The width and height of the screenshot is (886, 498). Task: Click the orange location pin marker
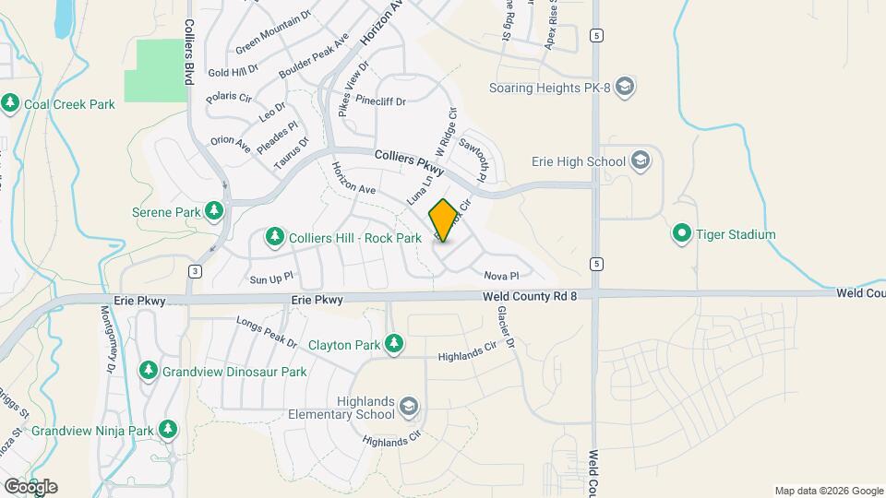tap(444, 220)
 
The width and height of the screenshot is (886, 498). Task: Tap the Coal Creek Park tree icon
tap(11, 103)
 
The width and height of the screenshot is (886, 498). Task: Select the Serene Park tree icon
tap(214, 211)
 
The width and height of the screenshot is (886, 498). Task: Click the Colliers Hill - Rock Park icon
tap(274, 238)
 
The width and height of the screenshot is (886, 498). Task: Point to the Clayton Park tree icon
tap(394, 345)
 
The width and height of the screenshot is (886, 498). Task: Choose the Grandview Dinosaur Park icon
tap(148, 371)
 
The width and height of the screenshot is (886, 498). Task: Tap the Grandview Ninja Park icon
tap(167, 430)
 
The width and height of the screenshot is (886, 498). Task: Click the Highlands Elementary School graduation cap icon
tap(409, 406)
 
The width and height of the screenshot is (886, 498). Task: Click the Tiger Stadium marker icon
tap(682, 234)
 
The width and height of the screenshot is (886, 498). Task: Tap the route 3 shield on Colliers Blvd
tap(195, 270)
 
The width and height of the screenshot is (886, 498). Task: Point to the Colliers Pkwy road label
tap(410, 163)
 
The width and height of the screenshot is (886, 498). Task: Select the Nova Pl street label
tap(502, 276)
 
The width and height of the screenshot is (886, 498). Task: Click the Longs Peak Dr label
tap(267, 333)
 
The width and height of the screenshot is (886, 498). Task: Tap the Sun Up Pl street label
tap(270, 277)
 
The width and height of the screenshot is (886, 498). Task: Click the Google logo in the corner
tap(30, 487)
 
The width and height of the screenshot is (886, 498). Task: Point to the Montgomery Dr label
tap(104, 340)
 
